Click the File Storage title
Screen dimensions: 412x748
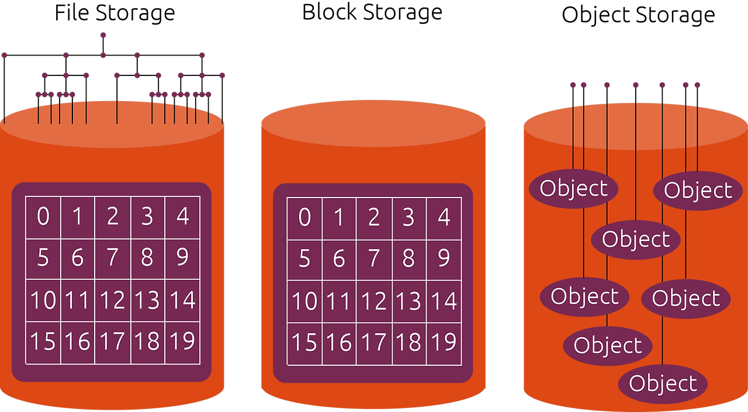click(x=115, y=13)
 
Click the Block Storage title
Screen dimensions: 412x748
click(x=372, y=12)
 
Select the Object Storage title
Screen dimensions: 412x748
click(x=638, y=15)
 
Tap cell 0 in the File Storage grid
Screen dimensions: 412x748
click(x=43, y=217)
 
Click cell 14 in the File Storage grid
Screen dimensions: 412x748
click(x=182, y=300)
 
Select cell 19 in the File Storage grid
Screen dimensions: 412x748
click(x=182, y=341)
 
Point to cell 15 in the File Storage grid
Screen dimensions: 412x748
click(x=43, y=341)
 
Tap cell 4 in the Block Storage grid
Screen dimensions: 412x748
click(x=444, y=217)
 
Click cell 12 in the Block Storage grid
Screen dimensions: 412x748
click(x=373, y=302)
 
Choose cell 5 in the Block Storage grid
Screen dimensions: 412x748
click(x=304, y=259)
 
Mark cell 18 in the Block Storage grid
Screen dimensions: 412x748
click(x=408, y=342)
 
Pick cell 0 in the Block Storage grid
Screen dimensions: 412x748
click(x=304, y=217)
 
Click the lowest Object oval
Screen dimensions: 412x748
click(x=663, y=384)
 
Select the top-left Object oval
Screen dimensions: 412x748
click(x=574, y=188)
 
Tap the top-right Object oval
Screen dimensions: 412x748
click(x=698, y=191)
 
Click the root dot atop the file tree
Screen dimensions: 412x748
click(x=103, y=35)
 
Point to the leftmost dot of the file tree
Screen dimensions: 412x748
click(x=4, y=55)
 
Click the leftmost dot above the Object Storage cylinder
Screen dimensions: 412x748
click(x=573, y=85)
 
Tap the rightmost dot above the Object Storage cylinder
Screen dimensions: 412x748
click(x=697, y=85)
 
